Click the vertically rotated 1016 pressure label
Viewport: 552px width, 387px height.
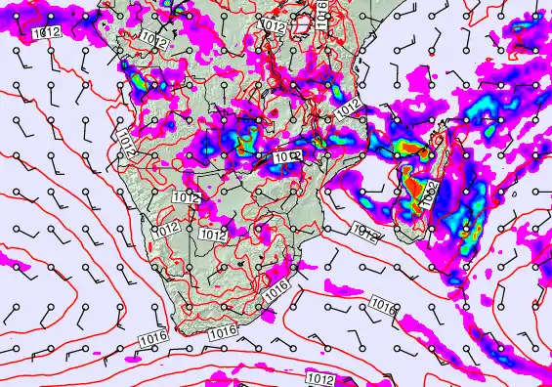(x=321, y=11)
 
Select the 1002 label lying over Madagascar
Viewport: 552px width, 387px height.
(x=429, y=194)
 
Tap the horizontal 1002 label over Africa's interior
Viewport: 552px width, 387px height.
(x=285, y=156)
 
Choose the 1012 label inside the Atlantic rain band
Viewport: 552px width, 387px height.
(x=46, y=32)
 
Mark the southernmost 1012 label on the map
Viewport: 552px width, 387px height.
(x=321, y=378)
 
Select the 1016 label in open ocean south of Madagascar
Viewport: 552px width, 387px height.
(x=383, y=308)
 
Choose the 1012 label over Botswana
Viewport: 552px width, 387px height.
(x=213, y=236)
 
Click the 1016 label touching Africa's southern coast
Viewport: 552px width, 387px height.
(x=223, y=332)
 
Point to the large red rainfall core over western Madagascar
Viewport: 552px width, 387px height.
(x=419, y=186)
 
